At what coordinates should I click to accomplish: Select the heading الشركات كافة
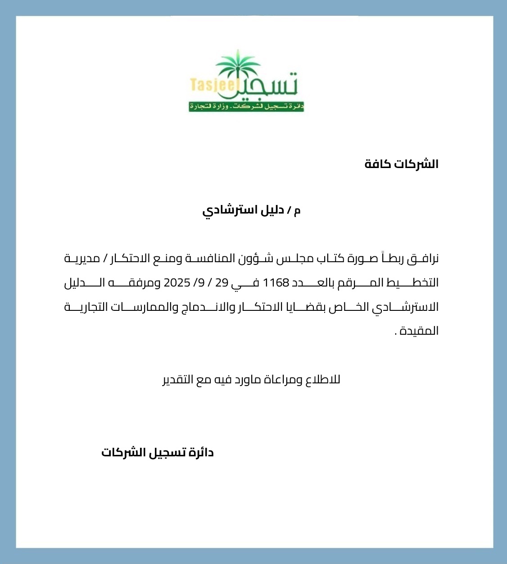pos(401,164)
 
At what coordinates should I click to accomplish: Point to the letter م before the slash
pos(297,210)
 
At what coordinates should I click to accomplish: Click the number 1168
pos(275,283)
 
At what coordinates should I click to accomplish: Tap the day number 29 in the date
pos(222,283)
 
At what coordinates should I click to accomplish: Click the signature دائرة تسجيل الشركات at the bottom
pos(157,452)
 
